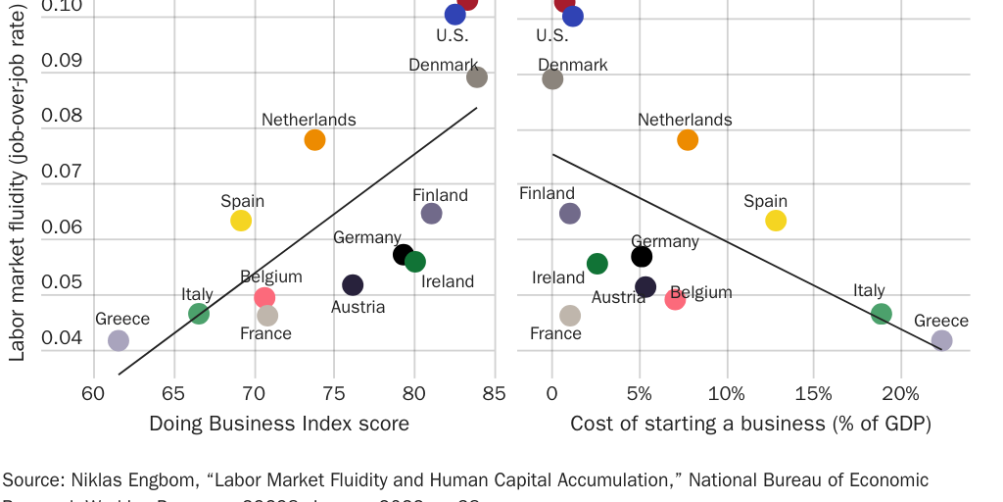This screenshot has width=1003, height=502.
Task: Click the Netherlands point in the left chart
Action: point(314,139)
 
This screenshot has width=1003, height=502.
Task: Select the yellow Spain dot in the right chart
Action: point(776,220)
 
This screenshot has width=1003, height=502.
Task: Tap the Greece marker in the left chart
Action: point(119,340)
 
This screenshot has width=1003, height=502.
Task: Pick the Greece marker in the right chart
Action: point(941,340)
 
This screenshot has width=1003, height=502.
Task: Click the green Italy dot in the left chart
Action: point(199,314)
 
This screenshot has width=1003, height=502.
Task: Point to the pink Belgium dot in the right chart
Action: point(675,299)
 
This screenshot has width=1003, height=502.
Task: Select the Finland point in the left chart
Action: point(431,213)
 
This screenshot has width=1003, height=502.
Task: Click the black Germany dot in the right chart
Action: point(642,257)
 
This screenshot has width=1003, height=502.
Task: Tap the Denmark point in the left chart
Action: point(477,77)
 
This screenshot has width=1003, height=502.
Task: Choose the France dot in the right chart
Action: point(570,315)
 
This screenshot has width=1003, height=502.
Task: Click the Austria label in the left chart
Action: point(358,307)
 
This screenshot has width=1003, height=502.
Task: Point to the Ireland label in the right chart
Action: point(558,277)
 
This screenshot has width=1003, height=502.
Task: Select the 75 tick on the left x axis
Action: point(335,394)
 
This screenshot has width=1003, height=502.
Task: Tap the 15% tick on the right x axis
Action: point(814,394)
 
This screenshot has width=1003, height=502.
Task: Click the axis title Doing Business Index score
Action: point(279,424)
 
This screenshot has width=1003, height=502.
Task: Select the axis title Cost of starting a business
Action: point(750,424)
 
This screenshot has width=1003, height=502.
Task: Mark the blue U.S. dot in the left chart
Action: point(454,14)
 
